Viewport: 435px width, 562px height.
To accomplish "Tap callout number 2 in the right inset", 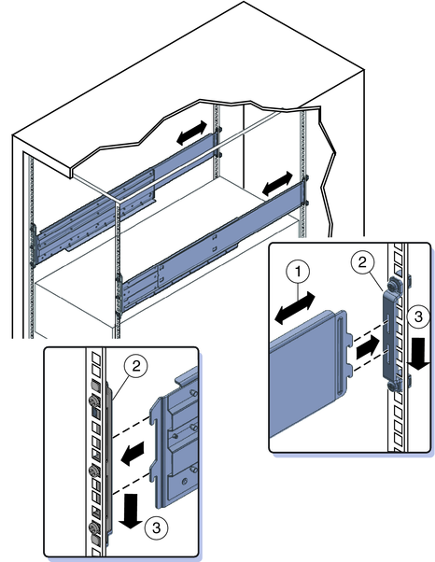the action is [x=362, y=263].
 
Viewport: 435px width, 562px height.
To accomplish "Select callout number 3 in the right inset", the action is [x=418, y=316].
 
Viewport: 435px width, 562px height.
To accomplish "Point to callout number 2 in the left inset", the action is [x=135, y=367].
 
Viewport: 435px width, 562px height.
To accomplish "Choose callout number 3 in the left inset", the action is [x=156, y=528].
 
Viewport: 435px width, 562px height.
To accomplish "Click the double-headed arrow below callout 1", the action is [x=296, y=308].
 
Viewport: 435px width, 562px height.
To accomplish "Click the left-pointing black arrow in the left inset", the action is [x=133, y=454].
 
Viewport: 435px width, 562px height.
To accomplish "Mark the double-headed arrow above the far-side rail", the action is [x=192, y=133].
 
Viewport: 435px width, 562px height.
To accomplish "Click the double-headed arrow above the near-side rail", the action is [x=278, y=183].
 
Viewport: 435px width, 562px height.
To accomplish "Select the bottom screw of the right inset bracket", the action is [x=393, y=385].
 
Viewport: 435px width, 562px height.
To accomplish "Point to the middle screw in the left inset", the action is [x=93, y=470].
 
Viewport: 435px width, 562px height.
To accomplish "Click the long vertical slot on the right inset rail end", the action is [x=340, y=353].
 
